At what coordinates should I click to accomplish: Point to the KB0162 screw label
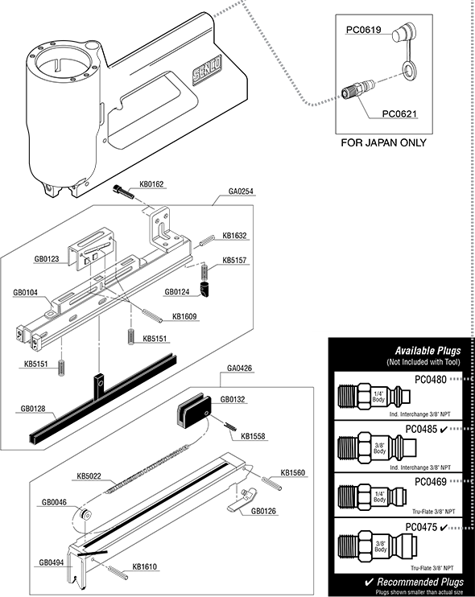pyautogui.click(x=151, y=184)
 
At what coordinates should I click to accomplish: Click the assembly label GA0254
pyautogui.click(x=241, y=191)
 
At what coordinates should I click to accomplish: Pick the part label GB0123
pyautogui.click(x=47, y=260)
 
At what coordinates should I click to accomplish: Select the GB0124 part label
pyautogui.click(x=177, y=292)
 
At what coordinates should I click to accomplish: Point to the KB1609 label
pyautogui.click(x=184, y=316)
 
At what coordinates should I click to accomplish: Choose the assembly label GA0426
pyautogui.click(x=241, y=368)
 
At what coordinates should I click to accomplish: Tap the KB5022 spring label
pyautogui.click(x=90, y=476)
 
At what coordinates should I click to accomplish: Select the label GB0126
pyautogui.click(x=264, y=510)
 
